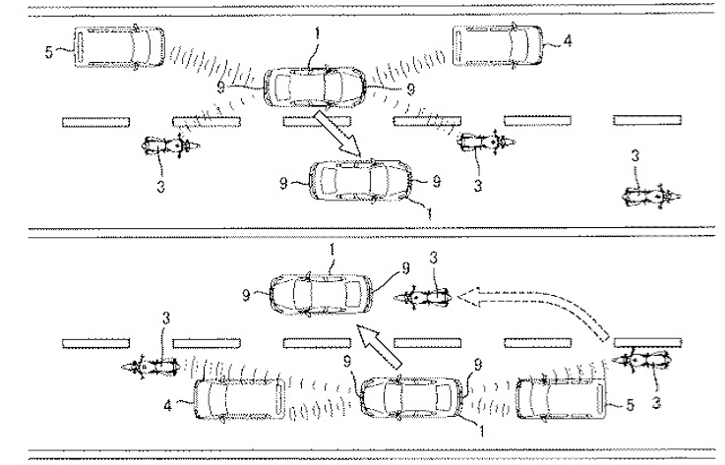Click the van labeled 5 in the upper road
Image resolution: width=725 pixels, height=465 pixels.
(119, 47)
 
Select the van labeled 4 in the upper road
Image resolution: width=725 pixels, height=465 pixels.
(498, 46)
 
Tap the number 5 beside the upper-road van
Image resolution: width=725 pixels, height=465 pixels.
(49, 52)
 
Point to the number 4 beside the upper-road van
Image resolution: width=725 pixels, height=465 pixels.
(568, 40)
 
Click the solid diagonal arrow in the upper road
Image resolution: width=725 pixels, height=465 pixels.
(338, 133)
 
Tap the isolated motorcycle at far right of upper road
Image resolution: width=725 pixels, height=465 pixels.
(652, 197)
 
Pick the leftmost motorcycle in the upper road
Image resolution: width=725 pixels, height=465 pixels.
(170, 145)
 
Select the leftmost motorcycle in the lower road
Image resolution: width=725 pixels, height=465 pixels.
(150, 367)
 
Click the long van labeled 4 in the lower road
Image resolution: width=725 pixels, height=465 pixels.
(239, 399)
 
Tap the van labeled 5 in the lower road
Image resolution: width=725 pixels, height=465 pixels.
(562, 398)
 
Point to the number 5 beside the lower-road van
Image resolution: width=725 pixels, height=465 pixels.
(630, 405)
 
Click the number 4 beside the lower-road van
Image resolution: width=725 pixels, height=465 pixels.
(167, 406)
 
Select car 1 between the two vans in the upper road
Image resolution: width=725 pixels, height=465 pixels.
(315, 87)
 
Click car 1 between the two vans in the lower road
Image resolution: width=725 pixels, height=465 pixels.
(412, 397)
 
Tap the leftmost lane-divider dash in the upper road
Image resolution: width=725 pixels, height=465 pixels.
(95, 122)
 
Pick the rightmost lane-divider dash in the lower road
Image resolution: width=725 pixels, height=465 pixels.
(647, 343)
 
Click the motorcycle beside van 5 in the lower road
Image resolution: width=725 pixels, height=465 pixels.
(641, 361)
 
